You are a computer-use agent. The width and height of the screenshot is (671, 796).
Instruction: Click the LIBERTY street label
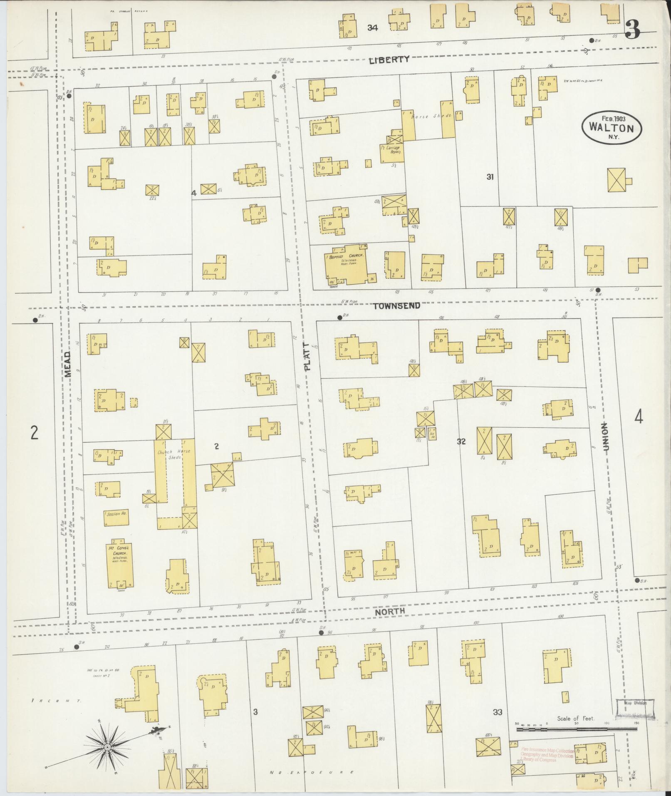[x=389, y=60]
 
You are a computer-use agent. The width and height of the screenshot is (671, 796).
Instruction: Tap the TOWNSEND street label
[x=396, y=306]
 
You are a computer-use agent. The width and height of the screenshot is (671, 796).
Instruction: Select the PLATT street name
[x=307, y=357]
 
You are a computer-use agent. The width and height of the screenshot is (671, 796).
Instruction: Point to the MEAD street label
[x=68, y=364]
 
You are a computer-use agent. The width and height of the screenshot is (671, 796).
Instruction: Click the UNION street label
[x=604, y=437]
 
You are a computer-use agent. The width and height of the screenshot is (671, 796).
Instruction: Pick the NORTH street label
[x=390, y=611]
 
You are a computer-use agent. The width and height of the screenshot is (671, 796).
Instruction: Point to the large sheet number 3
[x=632, y=30]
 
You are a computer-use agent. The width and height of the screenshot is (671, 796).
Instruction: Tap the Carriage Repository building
[x=392, y=151]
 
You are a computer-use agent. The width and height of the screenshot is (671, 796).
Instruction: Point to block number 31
[x=490, y=177]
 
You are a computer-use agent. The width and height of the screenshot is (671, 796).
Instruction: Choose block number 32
[x=461, y=441]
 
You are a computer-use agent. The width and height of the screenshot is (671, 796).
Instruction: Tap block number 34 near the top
[x=372, y=28]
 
